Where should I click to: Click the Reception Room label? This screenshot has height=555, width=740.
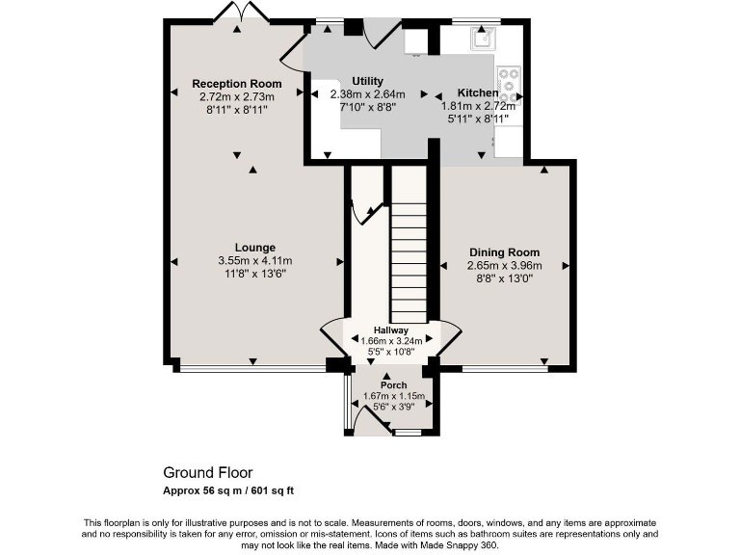click(236, 84)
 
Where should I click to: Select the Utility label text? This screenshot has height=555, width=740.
click(367, 81)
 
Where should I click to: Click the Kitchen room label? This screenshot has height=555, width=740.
click(478, 93)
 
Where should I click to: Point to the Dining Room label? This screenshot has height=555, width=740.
click(504, 252)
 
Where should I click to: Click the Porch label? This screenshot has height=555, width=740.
click(393, 385)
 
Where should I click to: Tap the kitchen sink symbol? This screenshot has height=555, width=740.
click(482, 38)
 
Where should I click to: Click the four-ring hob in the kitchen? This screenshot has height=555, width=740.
click(508, 84)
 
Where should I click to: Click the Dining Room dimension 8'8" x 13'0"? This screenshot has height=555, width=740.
click(504, 278)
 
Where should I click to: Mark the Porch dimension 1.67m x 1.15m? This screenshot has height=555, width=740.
click(393, 396)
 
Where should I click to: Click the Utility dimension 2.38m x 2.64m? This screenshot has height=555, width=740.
click(367, 94)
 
